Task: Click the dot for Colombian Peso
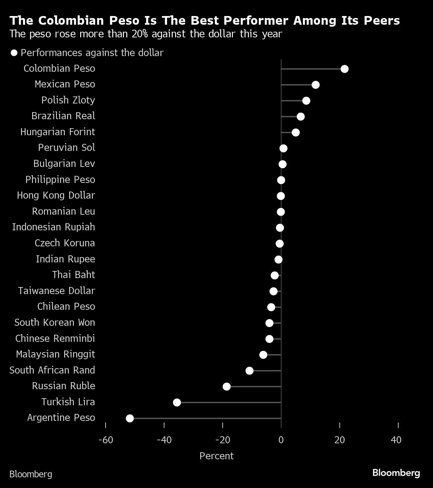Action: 344,69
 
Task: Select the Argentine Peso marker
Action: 130,418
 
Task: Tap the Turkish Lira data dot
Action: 177,403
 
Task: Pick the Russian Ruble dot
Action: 227,387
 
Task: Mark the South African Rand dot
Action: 249,371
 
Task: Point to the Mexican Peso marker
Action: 315,85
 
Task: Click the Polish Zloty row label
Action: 68,100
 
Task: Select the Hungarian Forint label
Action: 57,132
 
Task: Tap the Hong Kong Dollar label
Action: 56,195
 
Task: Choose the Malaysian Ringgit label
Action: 55,354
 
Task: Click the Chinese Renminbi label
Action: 55,338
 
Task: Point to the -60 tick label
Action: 106,440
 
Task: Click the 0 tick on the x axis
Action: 281,440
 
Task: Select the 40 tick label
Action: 396,440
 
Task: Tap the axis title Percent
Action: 216,456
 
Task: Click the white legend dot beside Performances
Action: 14,53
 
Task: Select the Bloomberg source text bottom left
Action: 31,474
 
